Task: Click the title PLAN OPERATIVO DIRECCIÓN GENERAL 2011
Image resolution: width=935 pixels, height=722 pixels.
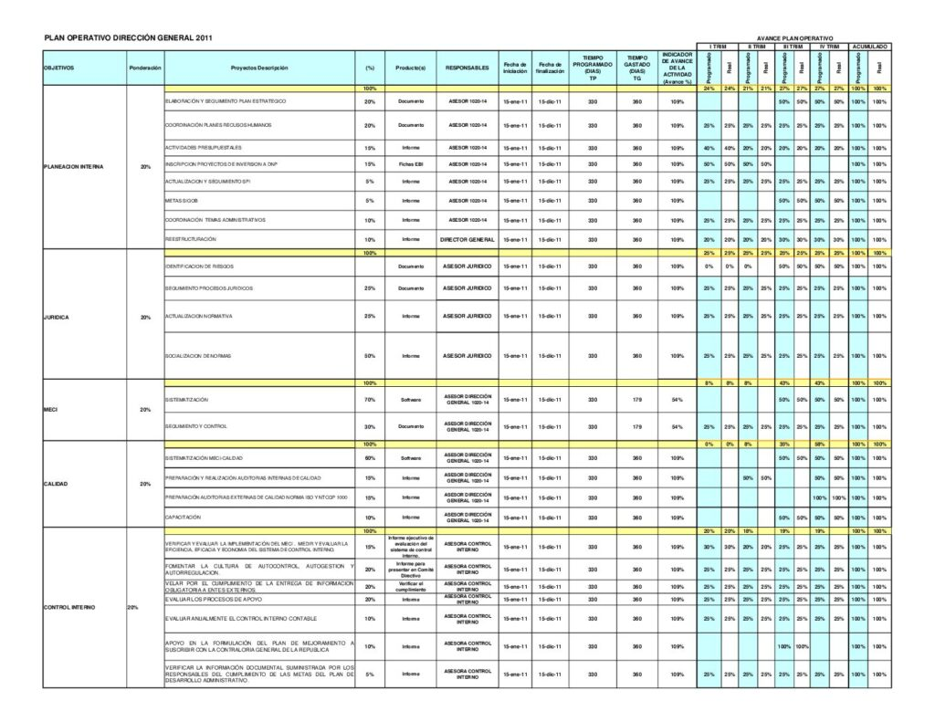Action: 129,37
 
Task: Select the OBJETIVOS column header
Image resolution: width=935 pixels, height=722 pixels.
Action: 59,68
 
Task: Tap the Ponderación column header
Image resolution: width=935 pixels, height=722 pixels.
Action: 145,68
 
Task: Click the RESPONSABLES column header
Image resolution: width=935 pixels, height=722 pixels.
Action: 467,68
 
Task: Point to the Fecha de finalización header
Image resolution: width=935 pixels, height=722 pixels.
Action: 550,68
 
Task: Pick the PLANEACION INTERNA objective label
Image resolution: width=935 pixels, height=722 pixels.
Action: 74,167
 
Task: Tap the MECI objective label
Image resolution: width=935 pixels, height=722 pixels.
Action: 51,410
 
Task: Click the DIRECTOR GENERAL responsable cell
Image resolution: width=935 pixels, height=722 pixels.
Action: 467,239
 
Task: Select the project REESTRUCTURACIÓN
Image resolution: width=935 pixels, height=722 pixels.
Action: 191,239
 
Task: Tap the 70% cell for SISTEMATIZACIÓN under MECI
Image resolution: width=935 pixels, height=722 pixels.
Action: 370,400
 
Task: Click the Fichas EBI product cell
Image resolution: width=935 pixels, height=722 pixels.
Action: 411,164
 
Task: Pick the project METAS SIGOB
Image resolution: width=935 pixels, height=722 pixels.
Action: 180,201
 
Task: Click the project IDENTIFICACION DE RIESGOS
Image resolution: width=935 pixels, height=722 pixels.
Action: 199,266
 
